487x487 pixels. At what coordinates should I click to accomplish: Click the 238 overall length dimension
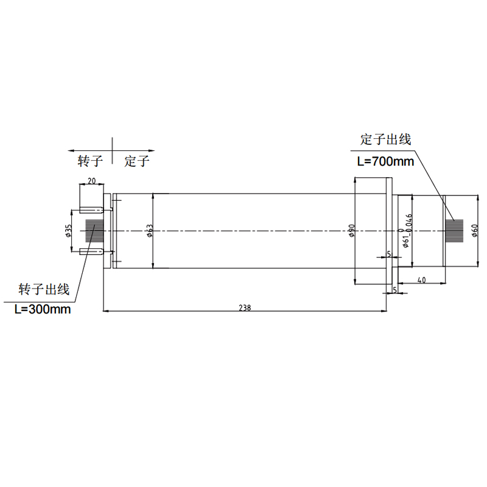point(245,307)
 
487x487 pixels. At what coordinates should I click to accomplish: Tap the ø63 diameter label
point(150,231)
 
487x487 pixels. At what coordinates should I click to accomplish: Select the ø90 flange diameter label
point(352,231)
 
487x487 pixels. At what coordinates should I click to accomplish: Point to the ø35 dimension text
point(69,231)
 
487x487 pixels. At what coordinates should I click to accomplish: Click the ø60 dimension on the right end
point(474,231)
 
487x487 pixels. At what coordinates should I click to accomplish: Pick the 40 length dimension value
point(421,280)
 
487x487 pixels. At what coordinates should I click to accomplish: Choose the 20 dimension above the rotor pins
point(92,181)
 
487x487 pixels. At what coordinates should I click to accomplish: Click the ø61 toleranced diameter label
point(407,231)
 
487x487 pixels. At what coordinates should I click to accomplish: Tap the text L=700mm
point(385,161)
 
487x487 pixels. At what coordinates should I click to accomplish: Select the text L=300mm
point(43,309)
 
